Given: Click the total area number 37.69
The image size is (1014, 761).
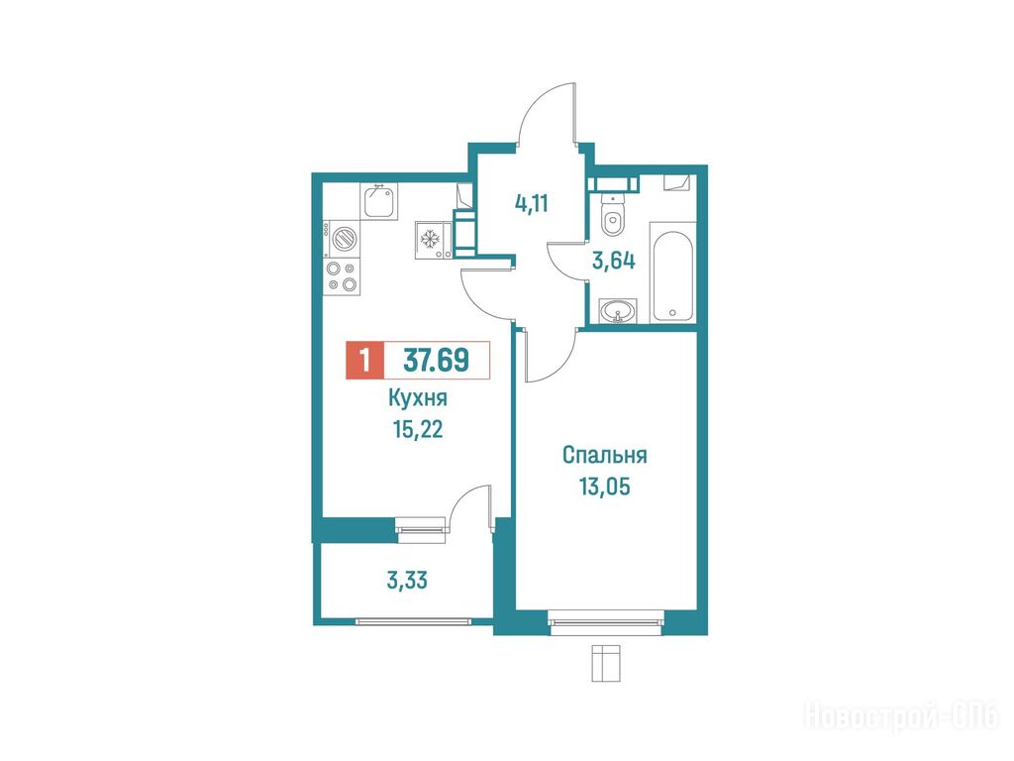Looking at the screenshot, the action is click(x=436, y=360).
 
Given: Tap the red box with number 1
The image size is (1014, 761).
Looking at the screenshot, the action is click(x=365, y=360).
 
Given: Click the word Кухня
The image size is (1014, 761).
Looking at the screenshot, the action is click(x=418, y=398).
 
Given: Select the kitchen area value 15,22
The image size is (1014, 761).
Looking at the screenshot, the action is click(x=418, y=429).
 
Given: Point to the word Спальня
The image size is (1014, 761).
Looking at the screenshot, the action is click(x=605, y=455).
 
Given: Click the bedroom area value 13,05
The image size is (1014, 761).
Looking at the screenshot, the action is click(x=605, y=486).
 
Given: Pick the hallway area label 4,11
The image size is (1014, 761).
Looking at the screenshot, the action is click(x=532, y=204).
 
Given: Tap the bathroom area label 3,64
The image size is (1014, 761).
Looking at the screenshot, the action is click(x=614, y=261).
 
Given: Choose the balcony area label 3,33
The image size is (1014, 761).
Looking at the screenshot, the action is click(x=407, y=581).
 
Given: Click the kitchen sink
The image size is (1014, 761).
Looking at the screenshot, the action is click(x=379, y=201).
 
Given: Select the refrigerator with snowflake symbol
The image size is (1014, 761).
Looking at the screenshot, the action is click(x=434, y=241).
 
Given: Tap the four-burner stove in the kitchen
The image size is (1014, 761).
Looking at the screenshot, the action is click(x=342, y=277).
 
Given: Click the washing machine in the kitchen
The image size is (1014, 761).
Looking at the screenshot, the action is click(x=342, y=239).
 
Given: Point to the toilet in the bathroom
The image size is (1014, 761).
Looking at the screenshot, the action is click(x=612, y=214).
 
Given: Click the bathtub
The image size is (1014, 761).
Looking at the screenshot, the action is click(x=672, y=272).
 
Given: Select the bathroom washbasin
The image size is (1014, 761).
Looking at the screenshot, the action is click(x=619, y=311).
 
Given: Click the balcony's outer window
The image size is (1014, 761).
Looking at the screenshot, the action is click(x=414, y=621).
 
